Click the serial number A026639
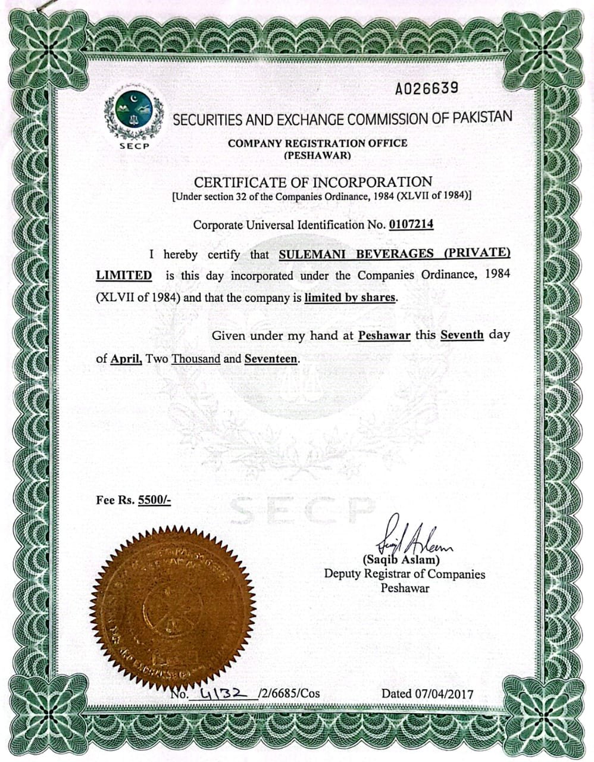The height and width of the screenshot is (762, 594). [x=427, y=89]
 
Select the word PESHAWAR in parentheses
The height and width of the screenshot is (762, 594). [x=317, y=156]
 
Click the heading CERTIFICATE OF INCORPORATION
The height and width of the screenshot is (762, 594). [x=313, y=182]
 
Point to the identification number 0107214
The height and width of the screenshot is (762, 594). [x=411, y=224]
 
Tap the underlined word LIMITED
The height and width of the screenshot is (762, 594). [x=124, y=276]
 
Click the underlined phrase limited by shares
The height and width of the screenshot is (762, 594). [x=349, y=297]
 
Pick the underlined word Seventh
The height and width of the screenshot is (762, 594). [x=462, y=335]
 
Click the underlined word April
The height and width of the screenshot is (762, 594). [x=126, y=359]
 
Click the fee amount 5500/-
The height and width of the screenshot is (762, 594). [x=154, y=500]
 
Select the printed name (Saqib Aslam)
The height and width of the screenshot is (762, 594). [x=401, y=560]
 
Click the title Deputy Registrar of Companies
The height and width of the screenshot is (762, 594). [x=404, y=574]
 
